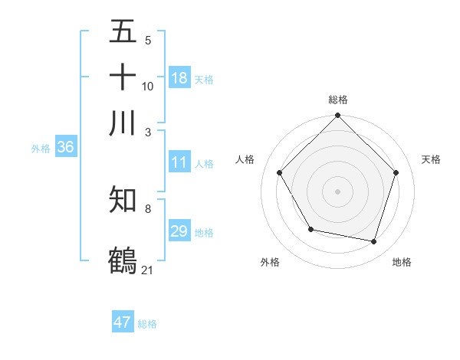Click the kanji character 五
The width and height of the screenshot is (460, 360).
[x=123, y=33]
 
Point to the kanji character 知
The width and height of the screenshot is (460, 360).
[x=123, y=199]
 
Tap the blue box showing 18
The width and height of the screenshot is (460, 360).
[x=179, y=78]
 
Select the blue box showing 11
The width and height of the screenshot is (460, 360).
[x=179, y=163]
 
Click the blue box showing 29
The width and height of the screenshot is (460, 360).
[x=179, y=231]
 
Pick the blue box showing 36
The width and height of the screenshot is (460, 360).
[x=65, y=148]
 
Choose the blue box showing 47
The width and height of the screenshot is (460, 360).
[x=123, y=322]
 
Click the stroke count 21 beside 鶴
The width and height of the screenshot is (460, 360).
[x=148, y=270]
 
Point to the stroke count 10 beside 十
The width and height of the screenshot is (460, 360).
[x=148, y=86]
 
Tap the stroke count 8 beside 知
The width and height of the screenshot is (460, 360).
[x=147, y=208]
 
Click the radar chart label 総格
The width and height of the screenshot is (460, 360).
[x=338, y=100]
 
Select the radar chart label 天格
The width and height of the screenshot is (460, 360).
[x=431, y=159]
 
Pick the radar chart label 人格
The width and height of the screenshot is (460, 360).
[x=245, y=159]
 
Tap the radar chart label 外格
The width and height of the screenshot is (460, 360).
[x=270, y=262]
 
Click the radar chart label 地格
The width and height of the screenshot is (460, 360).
[x=402, y=262]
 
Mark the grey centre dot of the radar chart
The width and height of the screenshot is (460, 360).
[x=338, y=191]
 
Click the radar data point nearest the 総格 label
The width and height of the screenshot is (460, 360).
[x=338, y=117]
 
